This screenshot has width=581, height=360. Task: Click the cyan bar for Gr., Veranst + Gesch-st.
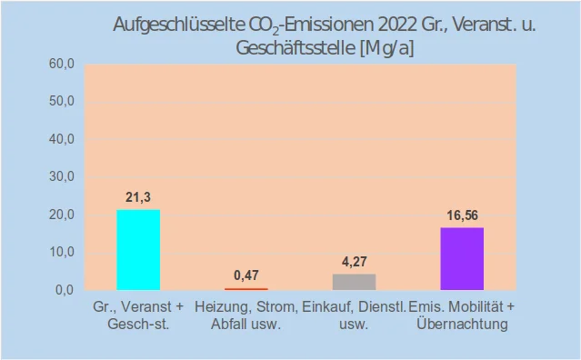pyautogui.click(x=138, y=250)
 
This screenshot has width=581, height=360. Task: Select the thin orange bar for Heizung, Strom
pyautogui.click(x=245, y=288)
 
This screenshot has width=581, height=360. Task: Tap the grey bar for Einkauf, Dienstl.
pyautogui.click(x=354, y=282)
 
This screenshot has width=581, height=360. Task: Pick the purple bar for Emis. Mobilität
pyautogui.click(x=462, y=259)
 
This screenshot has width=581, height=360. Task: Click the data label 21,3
pyautogui.click(x=138, y=197)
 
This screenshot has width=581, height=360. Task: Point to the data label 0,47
pyautogui.click(x=245, y=275)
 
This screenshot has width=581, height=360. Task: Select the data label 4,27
pyautogui.click(x=354, y=262)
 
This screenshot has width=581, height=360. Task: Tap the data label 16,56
pyautogui.click(x=462, y=215)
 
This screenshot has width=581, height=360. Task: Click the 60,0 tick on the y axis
pyautogui.click(x=61, y=65)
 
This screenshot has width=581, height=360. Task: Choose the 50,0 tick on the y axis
pyautogui.click(x=61, y=102)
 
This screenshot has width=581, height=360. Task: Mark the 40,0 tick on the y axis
pyautogui.click(x=61, y=139)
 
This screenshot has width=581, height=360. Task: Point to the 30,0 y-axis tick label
pyautogui.click(x=61, y=177)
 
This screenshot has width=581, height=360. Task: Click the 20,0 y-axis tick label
pyautogui.click(x=61, y=215)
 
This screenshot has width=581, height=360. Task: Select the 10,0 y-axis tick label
pyautogui.click(x=61, y=252)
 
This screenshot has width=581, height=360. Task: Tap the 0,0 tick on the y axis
pyautogui.click(x=64, y=290)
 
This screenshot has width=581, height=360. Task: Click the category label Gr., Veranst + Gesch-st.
pyautogui.click(x=138, y=315)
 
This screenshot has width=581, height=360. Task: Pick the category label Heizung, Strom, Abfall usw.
pyautogui.click(x=245, y=315)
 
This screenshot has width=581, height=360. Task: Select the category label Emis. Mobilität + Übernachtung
pyautogui.click(x=462, y=315)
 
